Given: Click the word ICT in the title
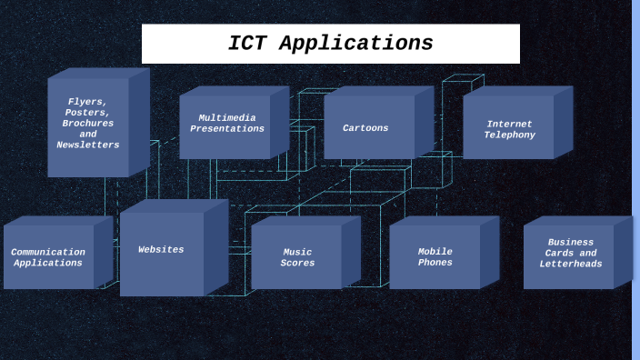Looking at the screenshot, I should click(250, 44).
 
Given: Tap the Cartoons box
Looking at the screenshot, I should click(366, 128).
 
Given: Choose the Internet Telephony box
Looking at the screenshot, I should click(509, 130).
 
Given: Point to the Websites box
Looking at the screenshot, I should click(161, 251).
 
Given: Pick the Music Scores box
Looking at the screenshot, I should click(296, 258).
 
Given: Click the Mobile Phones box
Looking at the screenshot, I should click(435, 257).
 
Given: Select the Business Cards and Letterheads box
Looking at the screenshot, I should click(570, 254).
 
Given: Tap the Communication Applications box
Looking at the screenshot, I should click(48, 258).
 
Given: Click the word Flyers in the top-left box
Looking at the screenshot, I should click(86, 102).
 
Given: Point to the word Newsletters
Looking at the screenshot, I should click(87, 145).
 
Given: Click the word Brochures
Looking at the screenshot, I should click(87, 124).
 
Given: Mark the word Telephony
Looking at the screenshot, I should click(509, 135).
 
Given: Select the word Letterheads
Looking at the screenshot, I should click(571, 265).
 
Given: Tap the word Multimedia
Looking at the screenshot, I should click(227, 118).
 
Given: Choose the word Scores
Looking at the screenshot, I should click(297, 264).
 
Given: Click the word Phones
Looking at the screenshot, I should click(435, 263).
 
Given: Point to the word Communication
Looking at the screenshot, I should click(48, 253).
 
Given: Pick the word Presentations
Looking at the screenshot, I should click(227, 129).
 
